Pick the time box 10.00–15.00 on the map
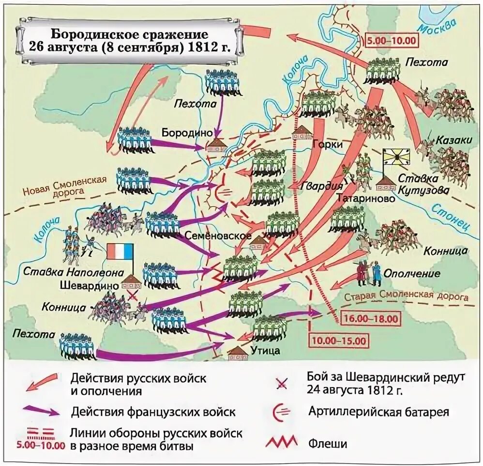(338, 340)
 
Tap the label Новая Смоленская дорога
(64, 186)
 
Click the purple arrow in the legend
(41, 412)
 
